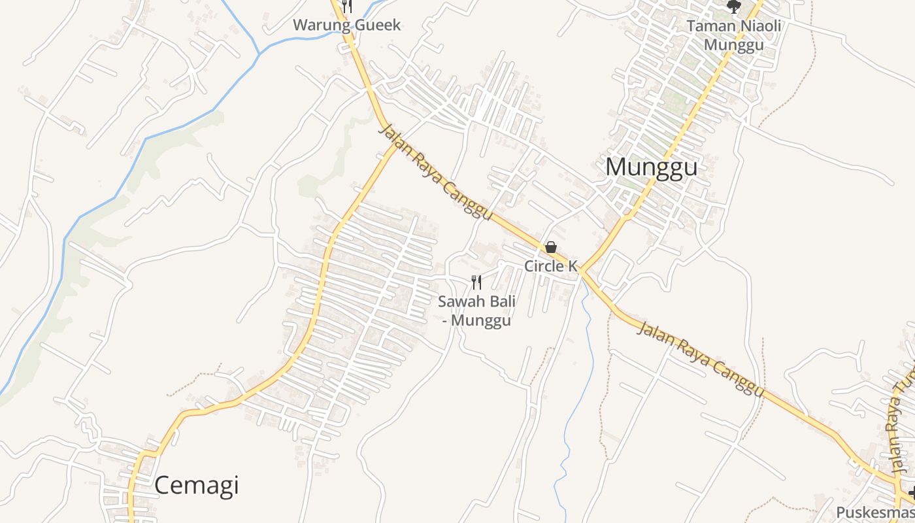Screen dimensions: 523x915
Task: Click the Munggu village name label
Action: point(651,167)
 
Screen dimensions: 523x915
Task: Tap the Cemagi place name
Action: point(197,485)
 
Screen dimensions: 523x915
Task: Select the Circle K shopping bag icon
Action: point(551,247)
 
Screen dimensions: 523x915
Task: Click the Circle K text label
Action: point(551,266)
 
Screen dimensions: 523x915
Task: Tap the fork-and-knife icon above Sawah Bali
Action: point(476,282)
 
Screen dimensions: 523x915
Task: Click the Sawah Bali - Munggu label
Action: point(476,311)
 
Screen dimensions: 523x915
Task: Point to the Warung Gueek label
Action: point(346,25)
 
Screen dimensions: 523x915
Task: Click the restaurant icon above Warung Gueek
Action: point(347,6)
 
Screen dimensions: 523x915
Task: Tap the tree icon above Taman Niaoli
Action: point(734,7)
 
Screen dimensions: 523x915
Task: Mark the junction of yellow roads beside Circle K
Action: point(580,271)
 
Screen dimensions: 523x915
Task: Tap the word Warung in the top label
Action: point(319,25)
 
